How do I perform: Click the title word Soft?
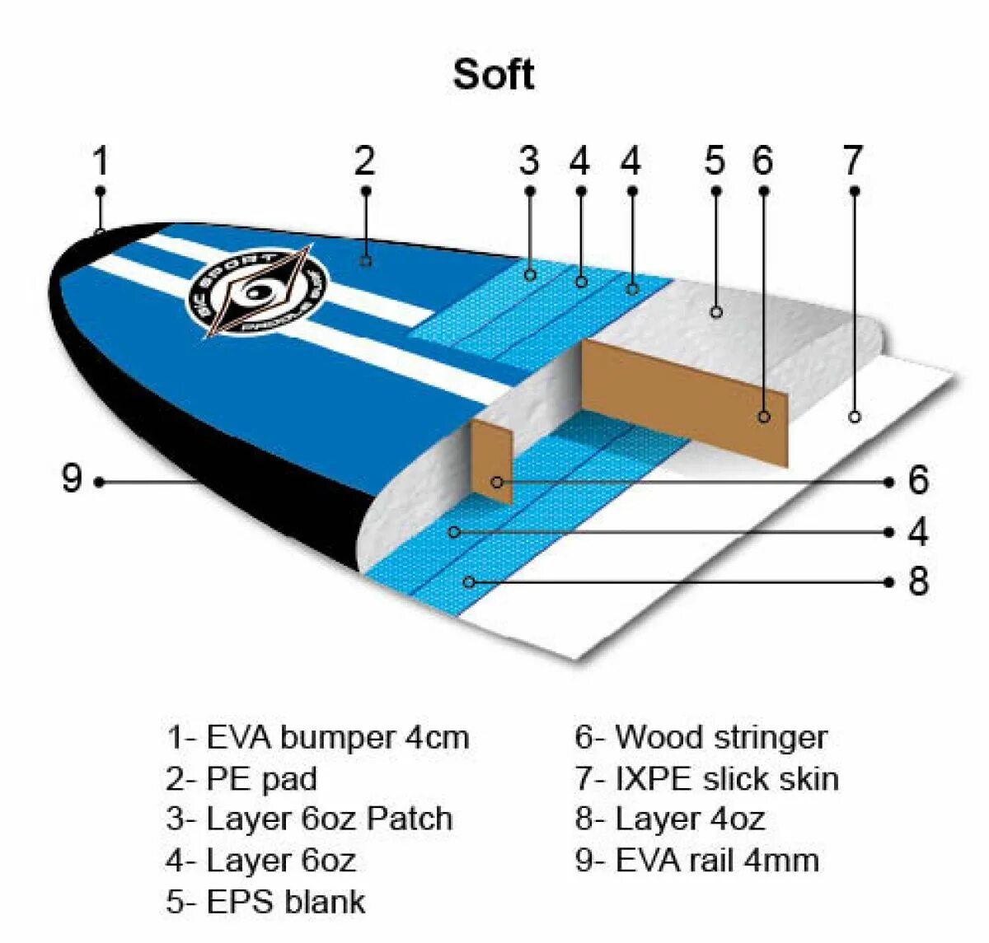(493, 74)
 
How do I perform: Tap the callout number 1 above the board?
(101, 161)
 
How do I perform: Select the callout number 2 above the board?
(365, 161)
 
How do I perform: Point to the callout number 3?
(529, 161)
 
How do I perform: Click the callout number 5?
(715, 161)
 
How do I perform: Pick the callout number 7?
(853, 161)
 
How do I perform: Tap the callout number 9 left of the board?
(73, 479)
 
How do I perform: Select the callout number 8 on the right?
(918, 581)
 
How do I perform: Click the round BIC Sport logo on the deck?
(258, 293)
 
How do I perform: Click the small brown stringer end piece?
(492, 461)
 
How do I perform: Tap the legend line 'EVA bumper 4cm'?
(318, 737)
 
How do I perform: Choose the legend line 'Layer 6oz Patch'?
(309, 819)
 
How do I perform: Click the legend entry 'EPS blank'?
(265, 901)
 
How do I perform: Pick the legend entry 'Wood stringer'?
(701, 737)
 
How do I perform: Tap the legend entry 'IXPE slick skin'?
(706, 778)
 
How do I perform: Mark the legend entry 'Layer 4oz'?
(669, 819)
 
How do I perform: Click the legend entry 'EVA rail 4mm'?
(696, 861)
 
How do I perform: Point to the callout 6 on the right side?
(918, 480)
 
